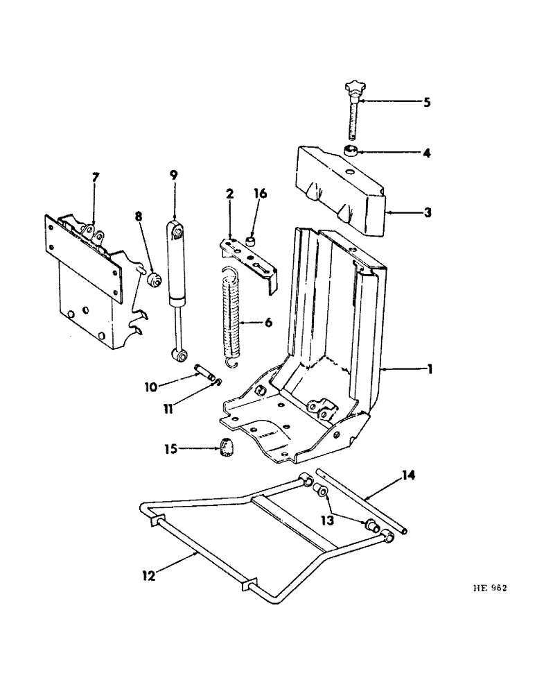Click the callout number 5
[427, 102]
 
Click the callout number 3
[428, 212]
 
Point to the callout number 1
[430, 371]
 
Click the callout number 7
[96, 179]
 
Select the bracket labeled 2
[246, 257]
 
